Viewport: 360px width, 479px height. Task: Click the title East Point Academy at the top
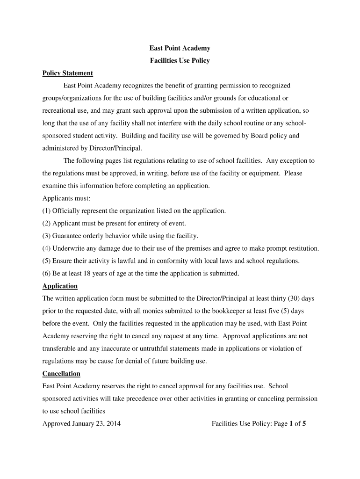click(x=180, y=48)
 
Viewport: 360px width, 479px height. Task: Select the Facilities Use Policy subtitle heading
click(x=180, y=60)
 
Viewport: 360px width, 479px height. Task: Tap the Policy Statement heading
click(x=68, y=73)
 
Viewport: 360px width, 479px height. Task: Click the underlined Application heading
click(x=60, y=286)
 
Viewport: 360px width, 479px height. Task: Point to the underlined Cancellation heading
click(x=61, y=373)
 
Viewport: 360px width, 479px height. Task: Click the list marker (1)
click(x=47, y=210)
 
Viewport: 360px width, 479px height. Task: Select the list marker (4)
click(x=47, y=248)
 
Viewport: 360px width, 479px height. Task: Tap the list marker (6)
click(x=47, y=273)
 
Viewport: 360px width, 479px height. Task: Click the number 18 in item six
click(x=87, y=273)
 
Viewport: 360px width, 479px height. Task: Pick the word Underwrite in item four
click(x=69, y=248)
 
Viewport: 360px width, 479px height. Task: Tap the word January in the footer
click(x=85, y=424)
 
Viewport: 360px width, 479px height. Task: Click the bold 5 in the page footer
click(x=303, y=424)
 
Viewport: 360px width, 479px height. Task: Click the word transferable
click(x=62, y=348)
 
